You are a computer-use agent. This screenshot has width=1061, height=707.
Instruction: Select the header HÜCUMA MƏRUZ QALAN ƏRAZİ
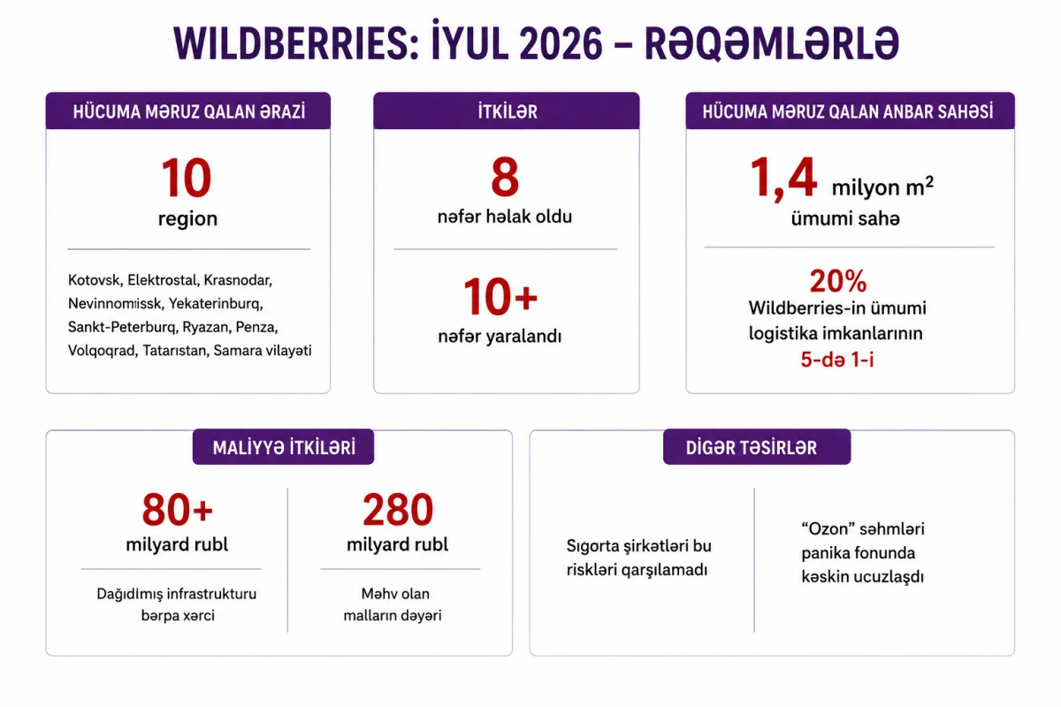tap(189, 111)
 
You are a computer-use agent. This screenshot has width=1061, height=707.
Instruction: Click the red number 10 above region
tap(187, 178)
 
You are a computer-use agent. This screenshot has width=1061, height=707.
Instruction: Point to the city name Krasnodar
tap(238, 280)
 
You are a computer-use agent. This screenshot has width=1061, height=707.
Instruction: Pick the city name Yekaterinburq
tap(216, 303)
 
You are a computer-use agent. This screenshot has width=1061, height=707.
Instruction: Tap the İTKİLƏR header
tap(508, 111)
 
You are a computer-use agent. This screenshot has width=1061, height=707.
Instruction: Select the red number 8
tap(505, 177)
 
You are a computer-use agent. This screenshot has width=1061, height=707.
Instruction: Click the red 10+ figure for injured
tap(500, 297)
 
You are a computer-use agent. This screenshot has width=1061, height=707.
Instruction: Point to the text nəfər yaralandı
tap(500, 336)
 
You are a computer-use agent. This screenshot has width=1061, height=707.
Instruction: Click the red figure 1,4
tap(784, 179)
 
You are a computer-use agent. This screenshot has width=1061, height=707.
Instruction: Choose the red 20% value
tap(838, 281)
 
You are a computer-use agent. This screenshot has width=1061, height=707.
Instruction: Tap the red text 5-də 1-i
tap(837, 360)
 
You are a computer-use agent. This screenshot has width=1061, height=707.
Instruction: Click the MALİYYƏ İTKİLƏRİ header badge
tap(283, 447)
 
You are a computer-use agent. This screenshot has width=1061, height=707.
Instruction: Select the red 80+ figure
tap(178, 510)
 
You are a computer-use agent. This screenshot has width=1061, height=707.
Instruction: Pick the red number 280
tap(398, 510)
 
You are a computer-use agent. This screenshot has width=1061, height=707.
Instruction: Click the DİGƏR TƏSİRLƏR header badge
tap(757, 447)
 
